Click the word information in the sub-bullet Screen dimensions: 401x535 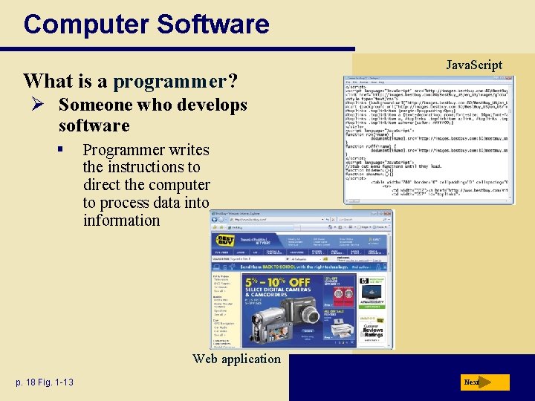pyautogui.click(x=121, y=221)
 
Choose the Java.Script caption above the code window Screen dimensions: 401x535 pyautogui.click(x=473, y=65)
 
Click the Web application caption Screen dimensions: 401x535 pyautogui.click(x=236, y=359)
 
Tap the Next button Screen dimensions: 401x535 pyautogui.click(x=483, y=382)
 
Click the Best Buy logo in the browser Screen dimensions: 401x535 pyautogui.click(x=225, y=241)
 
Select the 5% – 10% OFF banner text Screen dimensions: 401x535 pyautogui.click(x=277, y=282)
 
